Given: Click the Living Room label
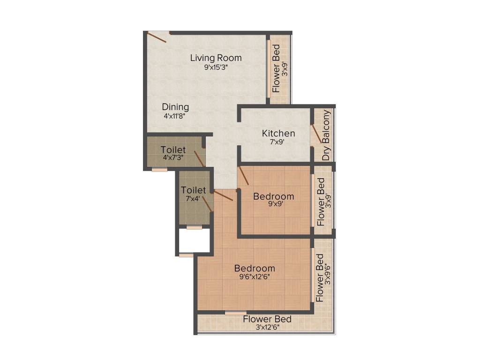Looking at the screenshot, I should pos(216,58).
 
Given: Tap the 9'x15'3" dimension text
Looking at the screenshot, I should pos(216,67).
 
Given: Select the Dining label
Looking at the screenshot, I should pos(175,107).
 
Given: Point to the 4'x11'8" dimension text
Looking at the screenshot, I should pos(175,116).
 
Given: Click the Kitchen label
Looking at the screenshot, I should pos(278,134).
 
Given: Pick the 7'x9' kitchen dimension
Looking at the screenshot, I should pos(278,142).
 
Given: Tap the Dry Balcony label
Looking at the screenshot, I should pos(326,135).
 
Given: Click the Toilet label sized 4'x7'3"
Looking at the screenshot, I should pos(173,150).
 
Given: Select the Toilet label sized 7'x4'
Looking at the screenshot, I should pos(193,190).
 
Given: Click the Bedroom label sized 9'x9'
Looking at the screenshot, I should pos(273,196).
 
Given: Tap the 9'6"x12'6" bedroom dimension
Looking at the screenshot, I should pos(254,277).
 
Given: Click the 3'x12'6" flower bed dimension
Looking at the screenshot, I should pos(267,328).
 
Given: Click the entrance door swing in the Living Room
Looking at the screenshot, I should pos(157,37).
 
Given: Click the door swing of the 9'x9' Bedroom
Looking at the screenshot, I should pos(244,176).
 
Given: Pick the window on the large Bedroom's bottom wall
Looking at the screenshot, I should pos(235,313).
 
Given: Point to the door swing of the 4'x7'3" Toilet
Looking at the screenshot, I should pos(199,158).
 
